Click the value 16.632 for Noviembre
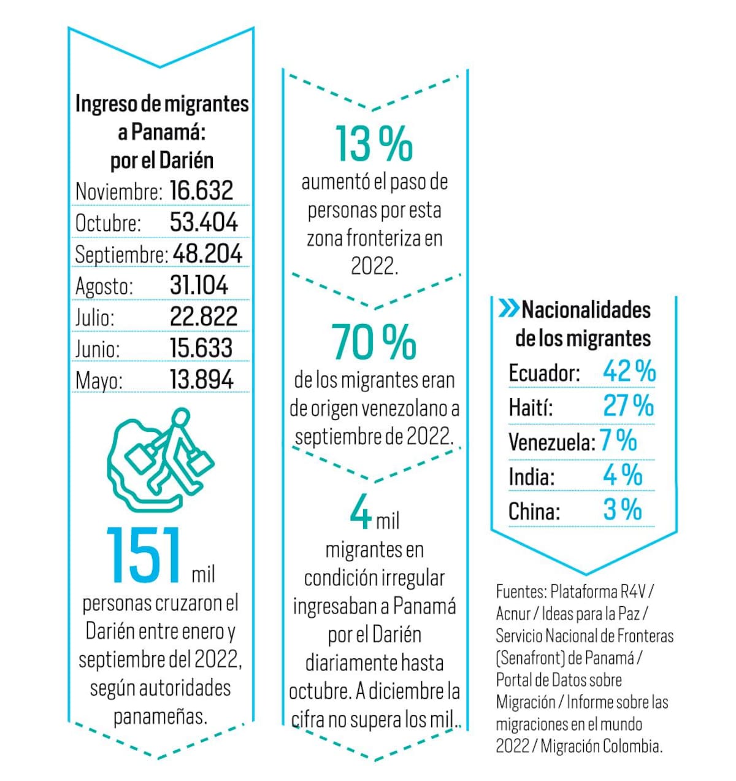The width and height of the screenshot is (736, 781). tap(201, 190)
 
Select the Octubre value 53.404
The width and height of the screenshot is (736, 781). tap(204, 222)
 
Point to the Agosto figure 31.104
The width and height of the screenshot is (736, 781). tap(199, 285)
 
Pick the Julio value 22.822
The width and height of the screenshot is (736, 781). tap(204, 317)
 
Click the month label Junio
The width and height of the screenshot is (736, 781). tap(98, 348)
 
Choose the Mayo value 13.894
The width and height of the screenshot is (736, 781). tap(201, 380)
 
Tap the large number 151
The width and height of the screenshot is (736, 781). tap(145, 555)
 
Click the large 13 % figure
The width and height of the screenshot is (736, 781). tap(374, 144)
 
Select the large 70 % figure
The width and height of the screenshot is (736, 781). tap(374, 342)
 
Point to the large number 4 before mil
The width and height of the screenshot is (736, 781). tap(361, 513)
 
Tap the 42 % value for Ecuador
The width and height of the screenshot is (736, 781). tap(629, 371)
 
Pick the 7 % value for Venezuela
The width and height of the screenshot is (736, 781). tap(618, 441)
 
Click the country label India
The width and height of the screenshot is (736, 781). tap(531, 477)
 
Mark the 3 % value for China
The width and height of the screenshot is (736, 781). tap(622, 510)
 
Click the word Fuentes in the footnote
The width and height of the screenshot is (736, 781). tap(521, 592)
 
